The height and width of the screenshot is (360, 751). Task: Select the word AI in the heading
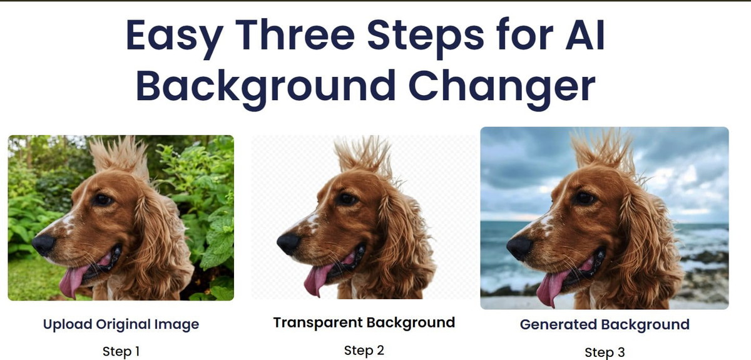[585, 34]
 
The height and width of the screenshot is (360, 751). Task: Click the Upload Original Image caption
[121, 324]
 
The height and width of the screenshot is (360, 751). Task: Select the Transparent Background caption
[364, 323]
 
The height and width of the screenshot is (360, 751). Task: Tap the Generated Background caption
[605, 324]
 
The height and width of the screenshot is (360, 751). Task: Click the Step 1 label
[121, 352]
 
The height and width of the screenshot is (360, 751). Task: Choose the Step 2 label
[364, 350]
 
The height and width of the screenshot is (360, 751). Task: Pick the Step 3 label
[605, 352]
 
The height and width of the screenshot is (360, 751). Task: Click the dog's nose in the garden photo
[44, 244]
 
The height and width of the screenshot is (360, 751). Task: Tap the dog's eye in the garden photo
[103, 200]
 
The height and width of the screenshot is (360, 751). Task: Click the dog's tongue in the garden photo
[73, 279]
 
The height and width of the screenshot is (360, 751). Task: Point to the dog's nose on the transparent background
[289, 244]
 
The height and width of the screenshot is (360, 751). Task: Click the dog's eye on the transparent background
[347, 199]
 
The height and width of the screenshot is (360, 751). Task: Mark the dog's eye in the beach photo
[584, 198]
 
